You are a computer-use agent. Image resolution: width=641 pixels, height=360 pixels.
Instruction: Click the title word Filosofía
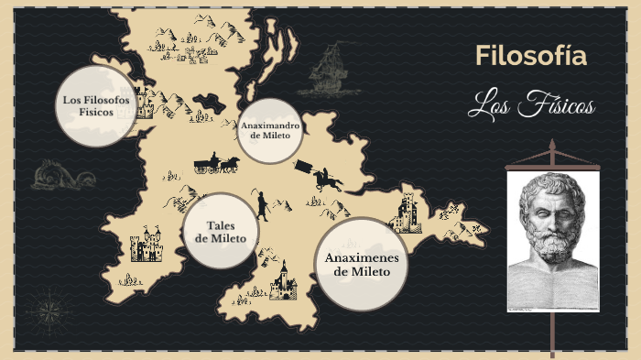530,57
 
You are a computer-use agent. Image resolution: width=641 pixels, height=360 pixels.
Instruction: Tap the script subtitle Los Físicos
530,106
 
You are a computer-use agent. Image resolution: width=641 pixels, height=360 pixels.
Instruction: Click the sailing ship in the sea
327,72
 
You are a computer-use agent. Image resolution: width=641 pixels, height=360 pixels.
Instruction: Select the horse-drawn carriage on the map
216,165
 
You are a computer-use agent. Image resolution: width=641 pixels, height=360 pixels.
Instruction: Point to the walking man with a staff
262,205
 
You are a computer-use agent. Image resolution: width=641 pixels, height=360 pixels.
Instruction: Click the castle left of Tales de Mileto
145,245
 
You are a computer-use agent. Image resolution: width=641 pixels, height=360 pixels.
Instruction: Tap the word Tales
221,225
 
